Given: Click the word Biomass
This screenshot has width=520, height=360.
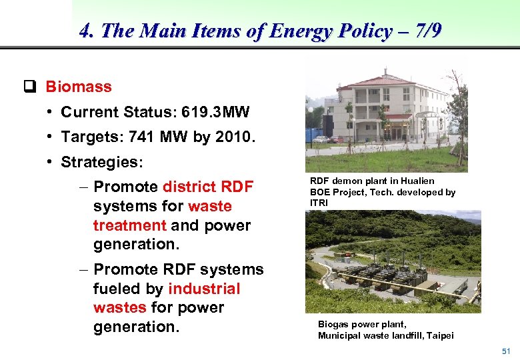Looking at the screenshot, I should [x=79, y=87].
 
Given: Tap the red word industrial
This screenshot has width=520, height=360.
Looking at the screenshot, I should [x=205, y=289].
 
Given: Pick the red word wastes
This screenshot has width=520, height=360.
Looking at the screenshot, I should [x=119, y=307].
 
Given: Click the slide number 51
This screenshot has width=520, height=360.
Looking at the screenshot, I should [x=506, y=351].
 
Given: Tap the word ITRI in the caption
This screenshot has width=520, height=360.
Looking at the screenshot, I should [x=319, y=202].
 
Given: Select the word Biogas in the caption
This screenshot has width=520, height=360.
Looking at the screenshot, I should [x=333, y=325].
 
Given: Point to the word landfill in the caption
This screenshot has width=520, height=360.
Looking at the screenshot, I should [x=405, y=335].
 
